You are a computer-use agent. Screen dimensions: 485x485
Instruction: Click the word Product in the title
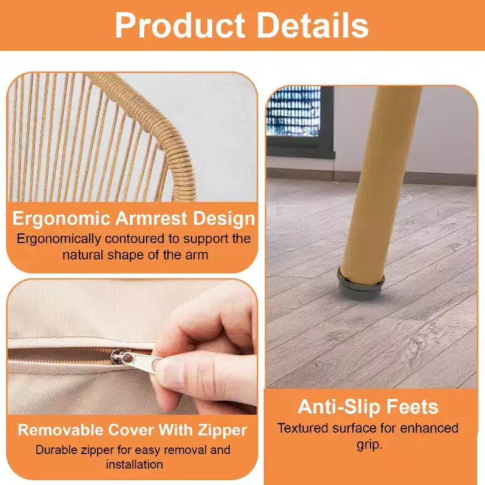(x=180, y=25)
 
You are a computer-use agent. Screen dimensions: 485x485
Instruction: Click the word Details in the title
(x=313, y=25)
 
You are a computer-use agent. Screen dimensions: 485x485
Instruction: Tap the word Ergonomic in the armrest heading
(x=61, y=219)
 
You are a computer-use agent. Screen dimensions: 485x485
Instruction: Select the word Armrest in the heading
(x=151, y=218)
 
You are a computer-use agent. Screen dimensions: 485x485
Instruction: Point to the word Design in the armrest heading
(x=224, y=219)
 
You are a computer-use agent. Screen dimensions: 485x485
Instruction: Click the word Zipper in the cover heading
(x=222, y=431)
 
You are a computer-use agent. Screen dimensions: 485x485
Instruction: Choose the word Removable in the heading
(x=60, y=430)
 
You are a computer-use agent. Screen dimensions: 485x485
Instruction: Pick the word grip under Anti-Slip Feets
(x=369, y=446)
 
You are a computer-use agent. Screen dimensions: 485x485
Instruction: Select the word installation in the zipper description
(x=134, y=464)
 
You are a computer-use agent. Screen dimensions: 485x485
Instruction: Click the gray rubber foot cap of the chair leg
(x=361, y=285)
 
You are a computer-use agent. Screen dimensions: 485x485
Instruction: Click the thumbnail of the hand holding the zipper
(x=132, y=347)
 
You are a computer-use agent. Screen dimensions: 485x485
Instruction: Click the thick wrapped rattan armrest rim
(x=152, y=130)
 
